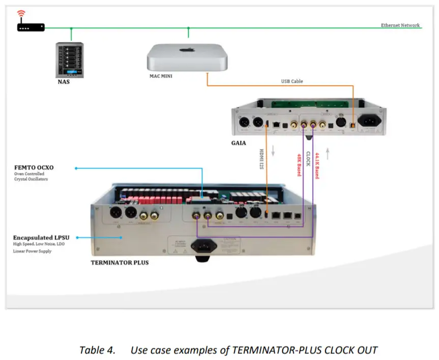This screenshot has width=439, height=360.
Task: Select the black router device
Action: [31, 27]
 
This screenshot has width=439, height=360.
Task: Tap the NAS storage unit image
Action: [70, 59]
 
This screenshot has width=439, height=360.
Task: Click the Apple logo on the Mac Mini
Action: [189, 51]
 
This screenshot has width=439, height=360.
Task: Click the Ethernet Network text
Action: [400, 25]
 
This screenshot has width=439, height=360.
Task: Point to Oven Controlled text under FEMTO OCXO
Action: [29, 174]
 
